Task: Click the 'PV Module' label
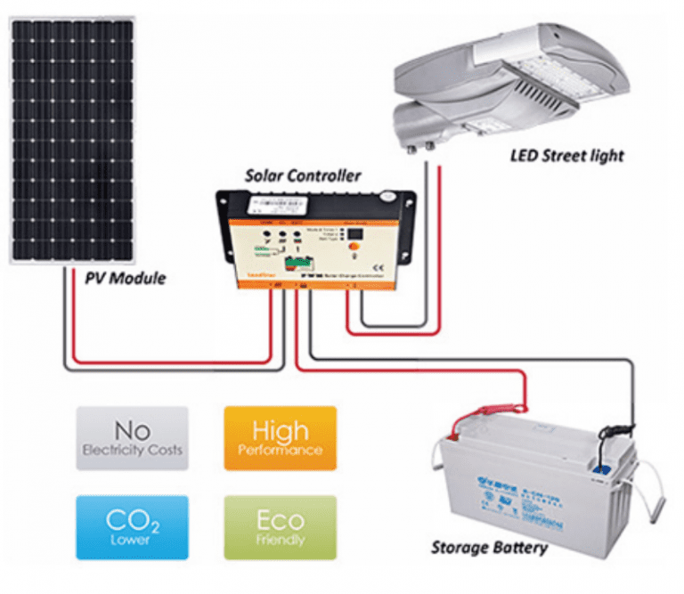coord(125,279)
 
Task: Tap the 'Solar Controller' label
coord(303,175)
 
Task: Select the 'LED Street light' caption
coord(566,156)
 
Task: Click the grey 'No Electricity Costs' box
coord(132,438)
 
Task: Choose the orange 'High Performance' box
coord(280,438)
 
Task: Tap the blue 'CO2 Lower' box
coord(132,527)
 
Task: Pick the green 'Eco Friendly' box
coord(280,527)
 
